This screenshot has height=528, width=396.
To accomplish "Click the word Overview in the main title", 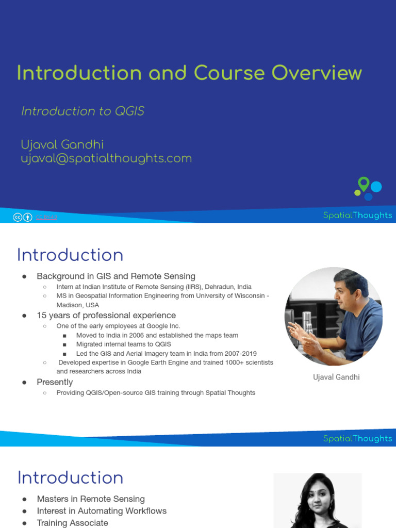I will click(x=317, y=73).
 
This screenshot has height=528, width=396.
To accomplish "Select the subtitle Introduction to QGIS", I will click(x=82, y=111).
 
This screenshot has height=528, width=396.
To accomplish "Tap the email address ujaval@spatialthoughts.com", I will click(x=106, y=158).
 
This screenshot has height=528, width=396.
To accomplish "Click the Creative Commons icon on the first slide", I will click(x=18, y=218).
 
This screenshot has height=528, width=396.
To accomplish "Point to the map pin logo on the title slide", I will click(x=364, y=184).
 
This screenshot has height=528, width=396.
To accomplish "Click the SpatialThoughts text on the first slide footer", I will click(x=357, y=216).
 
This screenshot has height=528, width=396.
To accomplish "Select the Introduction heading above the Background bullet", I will click(x=70, y=255).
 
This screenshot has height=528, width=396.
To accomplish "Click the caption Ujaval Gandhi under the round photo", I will click(x=336, y=377).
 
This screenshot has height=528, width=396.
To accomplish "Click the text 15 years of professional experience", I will click(x=106, y=316).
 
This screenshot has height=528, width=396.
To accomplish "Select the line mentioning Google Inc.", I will click(x=118, y=326).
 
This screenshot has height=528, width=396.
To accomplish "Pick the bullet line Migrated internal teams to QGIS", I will click(x=124, y=344).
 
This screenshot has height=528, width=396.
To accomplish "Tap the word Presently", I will click(x=55, y=382).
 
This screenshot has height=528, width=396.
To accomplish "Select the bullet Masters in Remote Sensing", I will click(x=91, y=499).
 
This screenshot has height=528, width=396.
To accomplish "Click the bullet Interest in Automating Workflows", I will click(x=102, y=511).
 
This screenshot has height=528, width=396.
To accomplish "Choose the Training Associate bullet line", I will click(x=73, y=523).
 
